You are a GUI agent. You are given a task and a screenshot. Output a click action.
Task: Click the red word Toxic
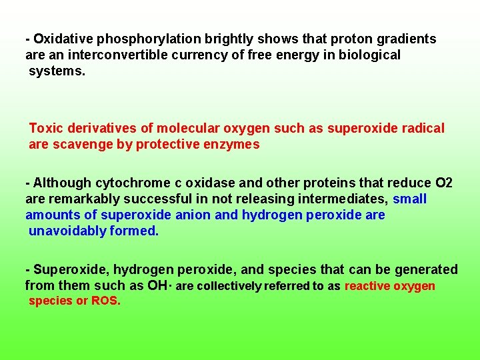(45, 128)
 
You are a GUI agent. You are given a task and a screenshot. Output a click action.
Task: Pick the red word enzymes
(233, 144)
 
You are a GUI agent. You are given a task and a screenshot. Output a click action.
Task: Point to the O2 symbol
(443, 183)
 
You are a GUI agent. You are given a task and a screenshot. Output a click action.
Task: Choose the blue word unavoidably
(67, 231)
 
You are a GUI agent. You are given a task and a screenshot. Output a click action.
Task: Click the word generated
(426, 270)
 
